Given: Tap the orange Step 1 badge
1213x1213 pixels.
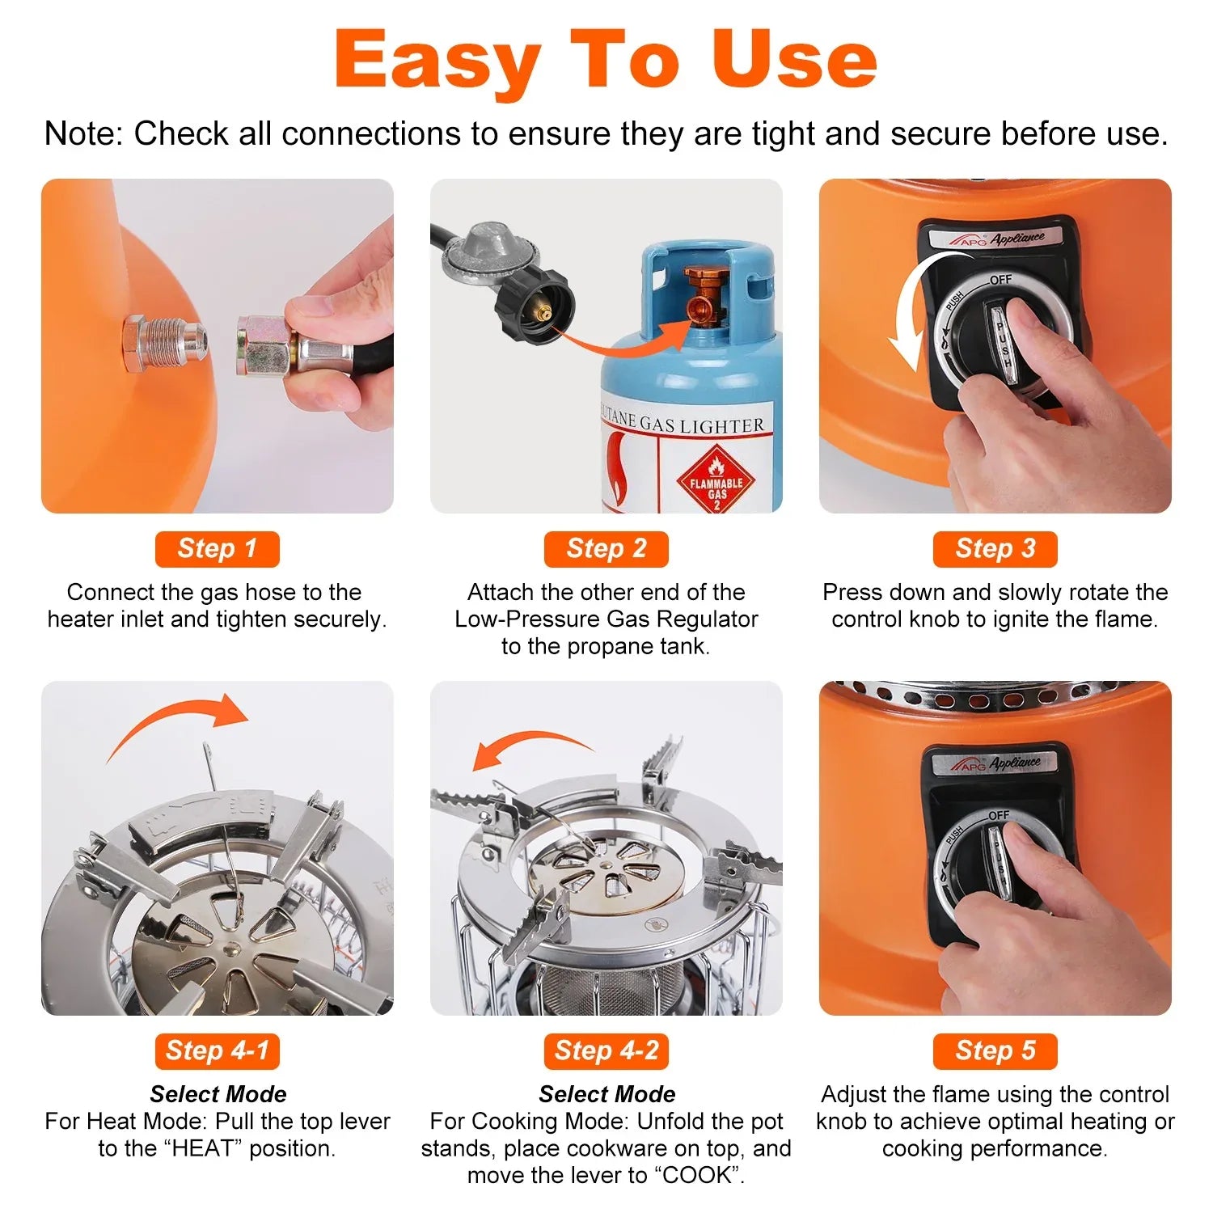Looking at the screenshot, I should [x=217, y=549].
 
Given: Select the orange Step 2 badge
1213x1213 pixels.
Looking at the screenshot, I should [x=606, y=549].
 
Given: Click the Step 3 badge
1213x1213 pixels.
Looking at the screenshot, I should [x=995, y=549].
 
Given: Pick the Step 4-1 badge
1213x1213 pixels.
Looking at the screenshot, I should [x=217, y=1051].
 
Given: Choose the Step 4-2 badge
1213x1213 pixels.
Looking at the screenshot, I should [x=606, y=1051].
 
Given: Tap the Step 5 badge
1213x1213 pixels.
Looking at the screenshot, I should [x=995, y=1051].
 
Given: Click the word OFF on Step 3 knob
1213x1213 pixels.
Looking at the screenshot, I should [x=1000, y=280].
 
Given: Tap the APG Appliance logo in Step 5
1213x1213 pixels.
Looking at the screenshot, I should [x=995, y=763].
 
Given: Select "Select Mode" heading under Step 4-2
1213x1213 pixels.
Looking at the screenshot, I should [x=606, y=1094].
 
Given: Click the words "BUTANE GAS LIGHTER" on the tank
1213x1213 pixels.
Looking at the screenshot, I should [x=683, y=422].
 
